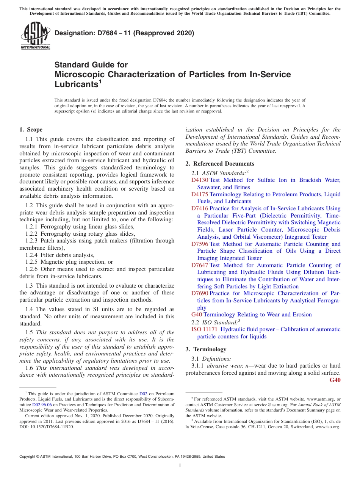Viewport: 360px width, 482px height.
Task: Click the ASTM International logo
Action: point(35,36)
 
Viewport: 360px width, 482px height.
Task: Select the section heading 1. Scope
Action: point(31,130)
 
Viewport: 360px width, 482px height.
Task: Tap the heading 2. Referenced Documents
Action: point(220,164)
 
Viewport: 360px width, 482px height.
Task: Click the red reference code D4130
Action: point(200,180)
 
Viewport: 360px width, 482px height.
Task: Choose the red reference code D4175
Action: point(200,194)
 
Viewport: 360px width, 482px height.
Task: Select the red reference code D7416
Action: point(200,208)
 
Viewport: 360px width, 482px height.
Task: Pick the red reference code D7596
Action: point(200,244)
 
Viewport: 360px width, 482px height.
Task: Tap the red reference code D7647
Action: point(200,265)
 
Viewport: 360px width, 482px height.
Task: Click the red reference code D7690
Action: point(200,293)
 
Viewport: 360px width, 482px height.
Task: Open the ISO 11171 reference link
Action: point(204,329)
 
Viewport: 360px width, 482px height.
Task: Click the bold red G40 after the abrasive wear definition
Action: point(335,380)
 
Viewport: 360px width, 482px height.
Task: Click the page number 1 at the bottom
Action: point(180,466)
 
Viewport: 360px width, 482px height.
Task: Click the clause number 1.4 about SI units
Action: point(29,310)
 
